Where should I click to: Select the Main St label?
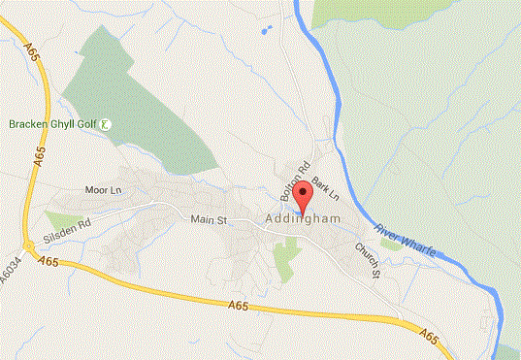pyautogui.click(x=208, y=220)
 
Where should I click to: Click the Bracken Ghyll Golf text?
pyautogui.click(x=53, y=124)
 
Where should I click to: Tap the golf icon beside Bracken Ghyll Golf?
pyautogui.click(x=106, y=124)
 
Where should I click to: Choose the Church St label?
pyautogui.click(x=366, y=258)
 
